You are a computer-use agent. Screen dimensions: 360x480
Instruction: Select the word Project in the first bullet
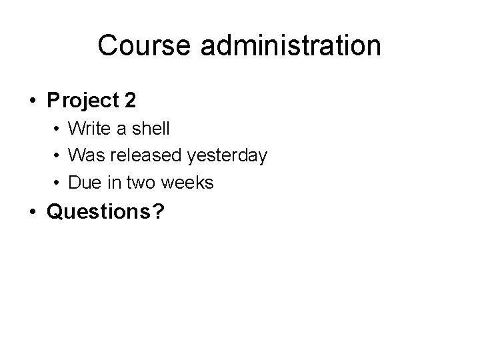[x=81, y=101]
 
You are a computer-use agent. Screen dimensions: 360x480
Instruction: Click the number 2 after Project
[x=130, y=101]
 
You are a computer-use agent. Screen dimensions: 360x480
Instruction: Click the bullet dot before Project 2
[x=32, y=101]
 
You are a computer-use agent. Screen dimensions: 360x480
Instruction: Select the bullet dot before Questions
[x=32, y=213]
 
